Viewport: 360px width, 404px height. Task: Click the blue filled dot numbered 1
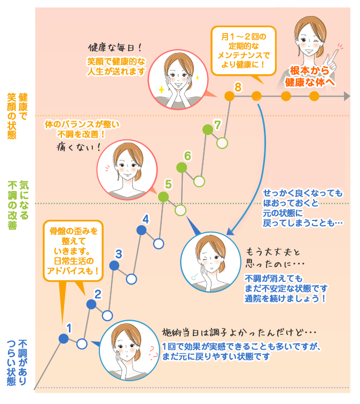(64, 338)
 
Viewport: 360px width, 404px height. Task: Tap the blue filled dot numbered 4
(141, 231)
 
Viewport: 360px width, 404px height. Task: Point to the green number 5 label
(168, 185)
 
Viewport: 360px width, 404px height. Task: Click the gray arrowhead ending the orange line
(347, 96)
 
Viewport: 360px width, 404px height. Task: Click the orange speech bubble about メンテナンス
(243, 50)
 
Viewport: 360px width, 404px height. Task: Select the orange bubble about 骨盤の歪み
(73, 251)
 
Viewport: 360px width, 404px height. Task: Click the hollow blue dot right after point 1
(82, 344)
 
